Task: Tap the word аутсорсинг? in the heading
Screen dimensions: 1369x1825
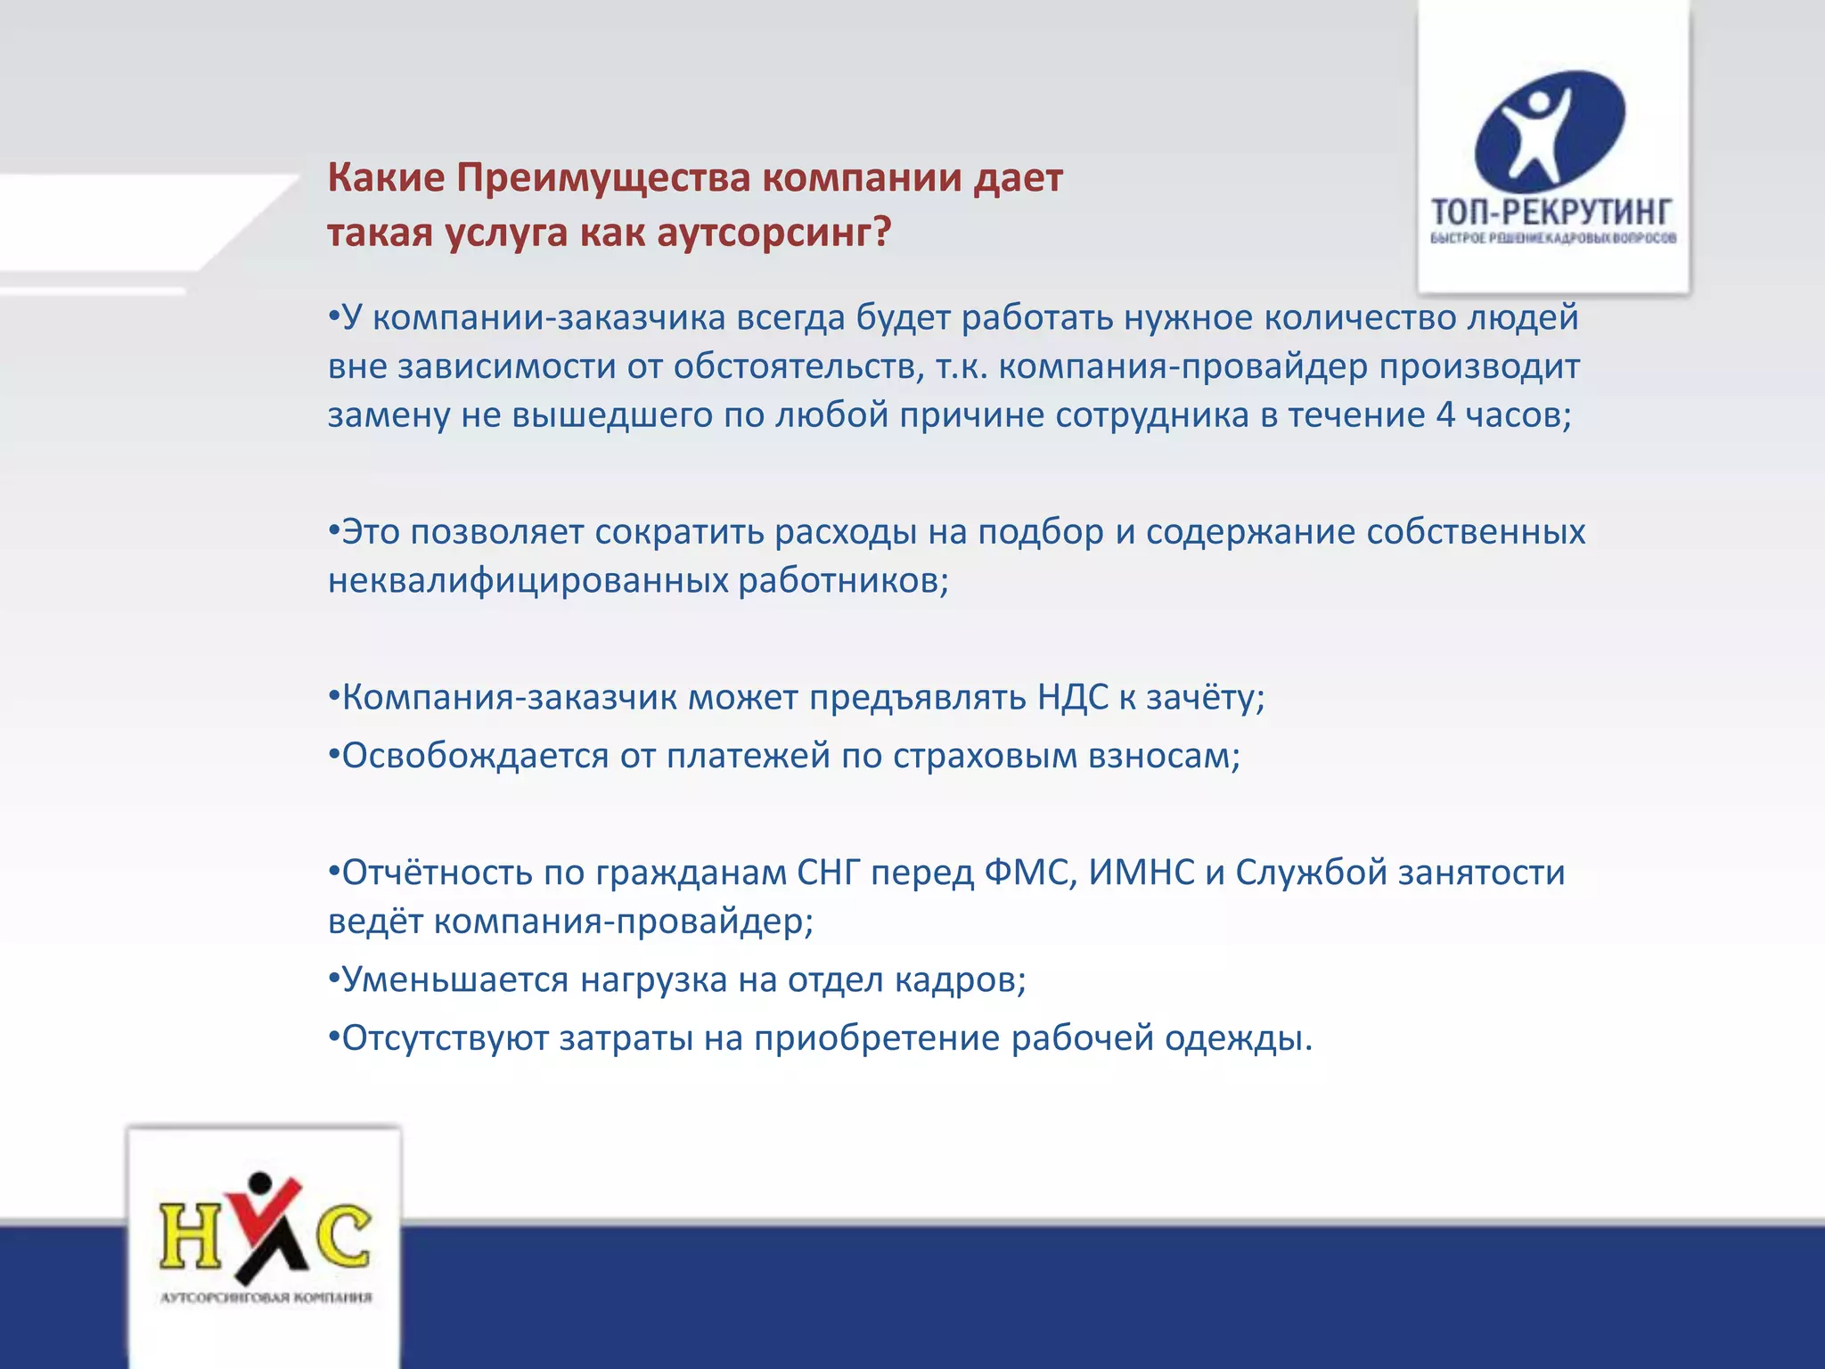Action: click(x=773, y=234)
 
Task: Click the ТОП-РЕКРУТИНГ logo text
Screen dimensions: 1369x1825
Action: click(x=1551, y=212)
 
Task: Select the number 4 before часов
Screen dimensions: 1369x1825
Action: click(x=1444, y=415)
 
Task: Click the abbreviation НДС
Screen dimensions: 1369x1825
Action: click(x=1072, y=697)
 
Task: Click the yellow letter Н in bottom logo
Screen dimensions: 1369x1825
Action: click(x=190, y=1235)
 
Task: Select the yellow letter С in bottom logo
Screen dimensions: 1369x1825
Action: click(x=343, y=1235)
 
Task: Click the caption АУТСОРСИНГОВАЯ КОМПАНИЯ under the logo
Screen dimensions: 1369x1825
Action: click(x=266, y=1298)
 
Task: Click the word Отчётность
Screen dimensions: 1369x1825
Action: click(x=437, y=873)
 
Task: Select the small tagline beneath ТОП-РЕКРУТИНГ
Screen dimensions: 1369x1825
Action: click(x=1553, y=238)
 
